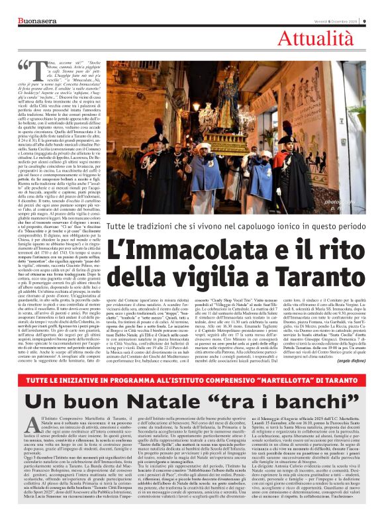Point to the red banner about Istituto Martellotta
(x=191, y=384)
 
